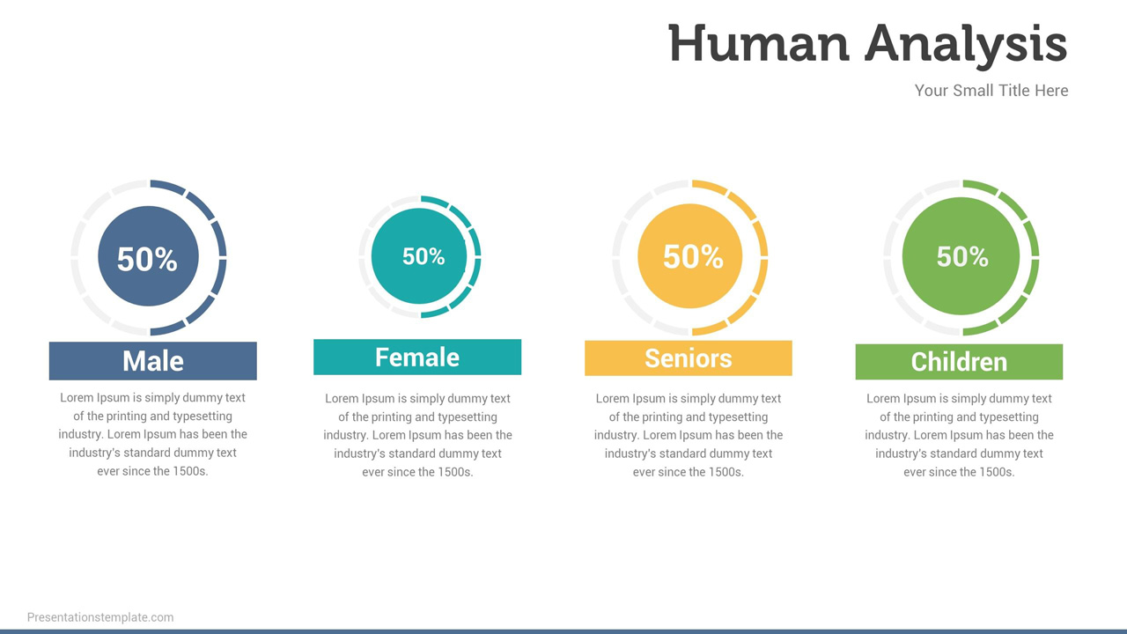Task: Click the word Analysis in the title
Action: point(966,44)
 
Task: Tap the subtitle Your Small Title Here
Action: point(991,91)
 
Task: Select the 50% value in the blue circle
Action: point(147,259)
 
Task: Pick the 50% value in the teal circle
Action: point(424,256)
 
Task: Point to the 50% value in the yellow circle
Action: point(693,257)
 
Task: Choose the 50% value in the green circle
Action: point(962,257)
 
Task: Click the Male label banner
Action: point(152,361)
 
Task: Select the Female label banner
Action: point(417,358)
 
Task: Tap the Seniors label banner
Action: point(688,358)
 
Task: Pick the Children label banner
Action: point(959,362)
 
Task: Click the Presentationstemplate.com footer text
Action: point(100,617)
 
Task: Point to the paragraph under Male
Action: point(152,434)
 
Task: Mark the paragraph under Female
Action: point(417,435)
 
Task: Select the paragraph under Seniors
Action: point(688,435)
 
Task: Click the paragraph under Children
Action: point(959,435)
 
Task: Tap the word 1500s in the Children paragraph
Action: point(994,472)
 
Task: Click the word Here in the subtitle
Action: point(1051,91)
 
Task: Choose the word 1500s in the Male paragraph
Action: point(188,471)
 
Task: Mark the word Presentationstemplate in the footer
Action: point(88,617)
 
